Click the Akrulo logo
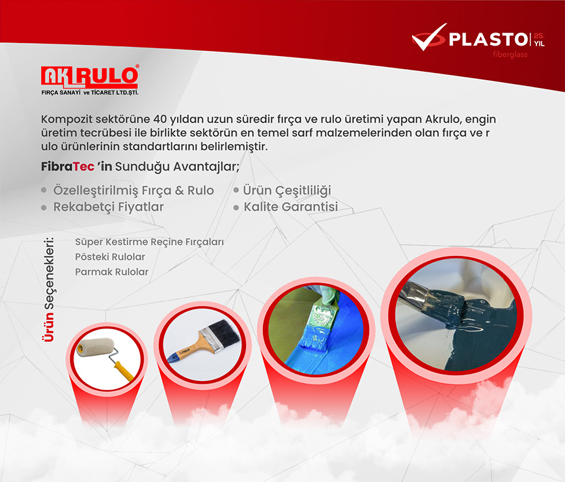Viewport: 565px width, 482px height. click(89, 80)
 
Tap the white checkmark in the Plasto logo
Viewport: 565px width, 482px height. click(428, 38)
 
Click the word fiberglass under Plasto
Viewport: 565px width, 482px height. click(510, 55)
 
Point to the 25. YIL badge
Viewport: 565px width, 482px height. click(539, 40)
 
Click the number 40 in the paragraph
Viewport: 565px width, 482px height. click(159, 119)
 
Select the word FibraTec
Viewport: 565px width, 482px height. click(68, 167)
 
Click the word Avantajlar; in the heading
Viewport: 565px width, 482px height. click(206, 167)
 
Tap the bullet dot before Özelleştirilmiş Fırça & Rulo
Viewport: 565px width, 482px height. click(44, 190)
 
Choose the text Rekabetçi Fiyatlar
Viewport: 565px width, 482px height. click(109, 207)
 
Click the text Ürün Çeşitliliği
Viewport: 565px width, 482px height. click(287, 191)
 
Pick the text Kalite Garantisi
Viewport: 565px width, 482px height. click(291, 207)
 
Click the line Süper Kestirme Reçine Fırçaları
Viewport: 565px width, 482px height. click(149, 242)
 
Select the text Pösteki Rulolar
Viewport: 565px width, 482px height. click(110, 257)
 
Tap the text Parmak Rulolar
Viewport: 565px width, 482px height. click(112, 272)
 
